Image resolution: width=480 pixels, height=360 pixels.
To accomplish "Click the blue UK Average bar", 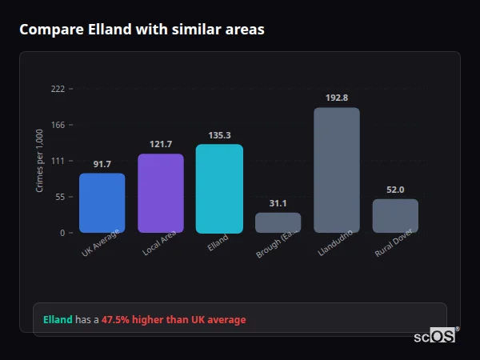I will click(x=102, y=203).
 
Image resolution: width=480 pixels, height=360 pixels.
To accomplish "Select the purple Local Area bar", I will click(x=161, y=194).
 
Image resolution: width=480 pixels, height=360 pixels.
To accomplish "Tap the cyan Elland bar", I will click(x=219, y=189).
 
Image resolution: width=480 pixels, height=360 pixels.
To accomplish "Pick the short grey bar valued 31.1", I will click(x=278, y=222).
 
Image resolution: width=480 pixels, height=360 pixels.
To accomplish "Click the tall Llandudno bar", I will click(x=337, y=170).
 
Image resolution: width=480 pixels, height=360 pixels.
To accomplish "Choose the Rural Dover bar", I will click(x=395, y=216).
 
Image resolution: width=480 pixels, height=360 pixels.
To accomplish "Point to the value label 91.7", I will click(x=102, y=164).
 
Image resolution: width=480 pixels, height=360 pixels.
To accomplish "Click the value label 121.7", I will click(x=161, y=144).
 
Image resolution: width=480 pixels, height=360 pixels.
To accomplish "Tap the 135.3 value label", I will click(x=219, y=135).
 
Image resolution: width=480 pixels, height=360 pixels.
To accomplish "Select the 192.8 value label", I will click(x=337, y=98).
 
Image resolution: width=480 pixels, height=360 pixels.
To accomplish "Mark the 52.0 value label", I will click(x=395, y=190).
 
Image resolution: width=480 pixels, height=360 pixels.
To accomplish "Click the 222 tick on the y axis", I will click(x=58, y=89).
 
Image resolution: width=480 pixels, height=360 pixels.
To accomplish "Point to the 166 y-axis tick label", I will click(x=58, y=125).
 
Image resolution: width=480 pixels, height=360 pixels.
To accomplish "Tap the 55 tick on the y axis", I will click(x=60, y=197).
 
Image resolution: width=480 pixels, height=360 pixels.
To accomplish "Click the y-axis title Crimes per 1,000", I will click(x=39, y=160).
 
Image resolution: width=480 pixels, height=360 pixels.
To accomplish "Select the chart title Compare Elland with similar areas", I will click(x=142, y=30).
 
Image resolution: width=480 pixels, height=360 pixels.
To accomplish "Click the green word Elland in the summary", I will click(x=57, y=319).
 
